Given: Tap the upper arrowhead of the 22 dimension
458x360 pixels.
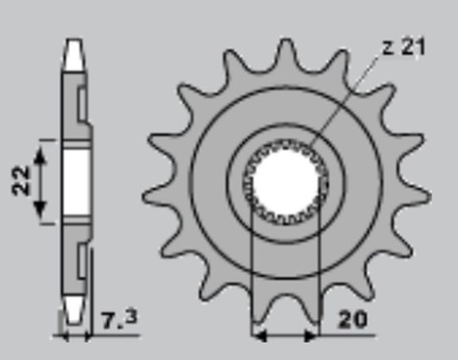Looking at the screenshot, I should point(42,143).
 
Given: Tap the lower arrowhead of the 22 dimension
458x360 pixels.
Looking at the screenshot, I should point(42,219).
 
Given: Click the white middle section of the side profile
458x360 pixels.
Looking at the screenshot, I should point(74,181).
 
